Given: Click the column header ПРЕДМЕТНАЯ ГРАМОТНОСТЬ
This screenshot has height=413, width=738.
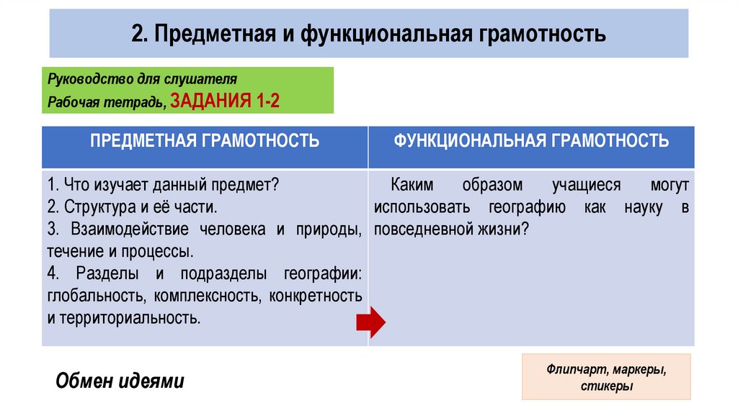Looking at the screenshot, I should (x=205, y=140).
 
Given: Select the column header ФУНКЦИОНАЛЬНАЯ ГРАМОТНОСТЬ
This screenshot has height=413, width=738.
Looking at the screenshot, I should (x=531, y=140).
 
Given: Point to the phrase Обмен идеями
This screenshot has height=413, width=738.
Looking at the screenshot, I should (x=120, y=380).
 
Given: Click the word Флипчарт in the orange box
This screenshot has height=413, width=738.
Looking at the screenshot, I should (x=577, y=371).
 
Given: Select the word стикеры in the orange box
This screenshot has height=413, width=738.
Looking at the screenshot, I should (x=606, y=387).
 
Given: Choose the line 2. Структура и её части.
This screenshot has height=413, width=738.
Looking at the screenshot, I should (x=132, y=207).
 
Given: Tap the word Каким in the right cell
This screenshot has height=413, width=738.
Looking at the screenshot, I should (x=412, y=185).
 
